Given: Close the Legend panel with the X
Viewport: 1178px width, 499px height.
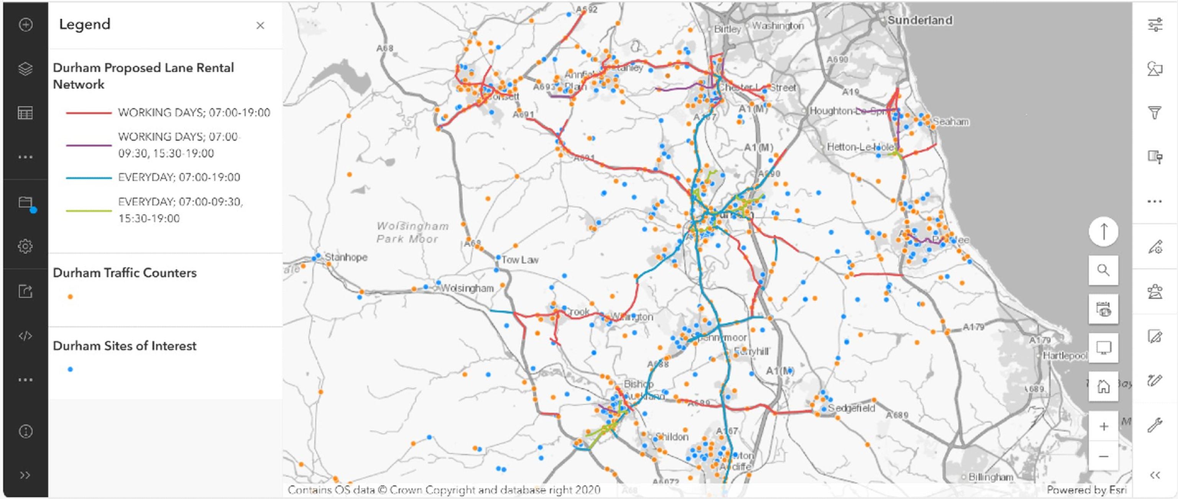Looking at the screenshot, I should [x=260, y=26].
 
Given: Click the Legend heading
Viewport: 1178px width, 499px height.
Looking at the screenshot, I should [x=85, y=24].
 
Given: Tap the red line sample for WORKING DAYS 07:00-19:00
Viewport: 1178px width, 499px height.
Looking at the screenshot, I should [x=89, y=112].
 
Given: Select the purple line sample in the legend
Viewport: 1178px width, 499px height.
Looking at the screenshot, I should [x=89, y=145].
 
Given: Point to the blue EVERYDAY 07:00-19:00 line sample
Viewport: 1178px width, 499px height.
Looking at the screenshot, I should [x=89, y=178].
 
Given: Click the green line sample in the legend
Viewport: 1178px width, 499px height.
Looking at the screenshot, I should [x=89, y=211].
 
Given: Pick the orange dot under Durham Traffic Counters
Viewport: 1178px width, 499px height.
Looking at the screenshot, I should [x=70, y=297].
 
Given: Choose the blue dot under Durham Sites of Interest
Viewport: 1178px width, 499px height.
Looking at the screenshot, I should [x=70, y=369].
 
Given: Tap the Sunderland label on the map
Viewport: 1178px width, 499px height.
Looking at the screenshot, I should [x=920, y=20].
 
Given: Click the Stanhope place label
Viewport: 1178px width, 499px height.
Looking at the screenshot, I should [x=346, y=257].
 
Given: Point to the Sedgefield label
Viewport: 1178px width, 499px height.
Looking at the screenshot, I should [x=851, y=408].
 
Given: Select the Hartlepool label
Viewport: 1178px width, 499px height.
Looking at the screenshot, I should [x=1065, y=356].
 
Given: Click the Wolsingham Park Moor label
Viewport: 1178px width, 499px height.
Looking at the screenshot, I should [x=412, y=232].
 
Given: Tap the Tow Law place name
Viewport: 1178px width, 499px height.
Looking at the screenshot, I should [x=519, y=260].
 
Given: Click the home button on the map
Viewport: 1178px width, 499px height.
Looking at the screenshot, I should [x=1103, y=387].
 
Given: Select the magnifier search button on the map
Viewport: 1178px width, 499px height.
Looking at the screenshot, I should [x=1103, y=270].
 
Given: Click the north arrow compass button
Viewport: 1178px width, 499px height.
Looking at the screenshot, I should [x=1103, y=231].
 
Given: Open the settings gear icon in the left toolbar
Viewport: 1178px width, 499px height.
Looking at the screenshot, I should [x=25, y=246].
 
